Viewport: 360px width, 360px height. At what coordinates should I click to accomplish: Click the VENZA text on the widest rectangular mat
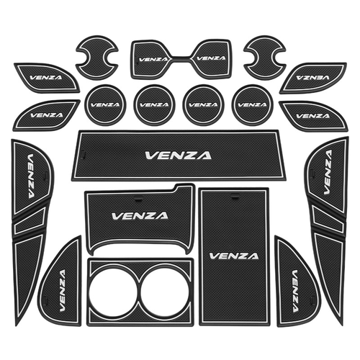point(178,156)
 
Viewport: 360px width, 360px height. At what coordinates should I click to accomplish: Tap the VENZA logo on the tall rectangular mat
point(234,256)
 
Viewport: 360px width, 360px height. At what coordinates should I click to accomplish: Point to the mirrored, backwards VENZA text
point(312,77)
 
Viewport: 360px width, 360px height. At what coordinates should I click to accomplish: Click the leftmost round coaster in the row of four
point(106,105)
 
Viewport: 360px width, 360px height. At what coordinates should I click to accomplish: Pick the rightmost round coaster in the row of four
point(252,105)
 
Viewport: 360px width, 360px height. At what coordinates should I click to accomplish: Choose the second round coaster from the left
point(154,105)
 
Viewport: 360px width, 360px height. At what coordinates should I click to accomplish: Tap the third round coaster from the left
point(203,105)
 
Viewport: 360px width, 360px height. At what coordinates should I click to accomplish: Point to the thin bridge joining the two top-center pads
point(181,58)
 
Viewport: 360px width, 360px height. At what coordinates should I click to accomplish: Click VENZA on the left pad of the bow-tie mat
point(153,59)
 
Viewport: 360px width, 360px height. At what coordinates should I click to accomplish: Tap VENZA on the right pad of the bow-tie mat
point(211,58)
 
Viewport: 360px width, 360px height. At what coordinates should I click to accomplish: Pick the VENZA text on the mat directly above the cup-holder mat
point(140,216)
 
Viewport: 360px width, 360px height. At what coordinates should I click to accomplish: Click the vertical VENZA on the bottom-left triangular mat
point(62,290)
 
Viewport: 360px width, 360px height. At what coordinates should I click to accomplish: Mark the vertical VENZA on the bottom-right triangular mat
point(294,291)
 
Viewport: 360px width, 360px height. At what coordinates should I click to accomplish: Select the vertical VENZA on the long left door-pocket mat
point(31,176)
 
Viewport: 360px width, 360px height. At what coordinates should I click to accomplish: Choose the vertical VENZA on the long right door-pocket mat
point(328,172)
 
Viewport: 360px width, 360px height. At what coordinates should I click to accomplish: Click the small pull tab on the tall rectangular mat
point(235,198)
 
